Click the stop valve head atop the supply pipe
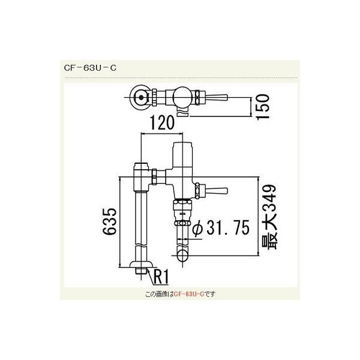click(142, 175)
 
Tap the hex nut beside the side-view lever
click(199, 190)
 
